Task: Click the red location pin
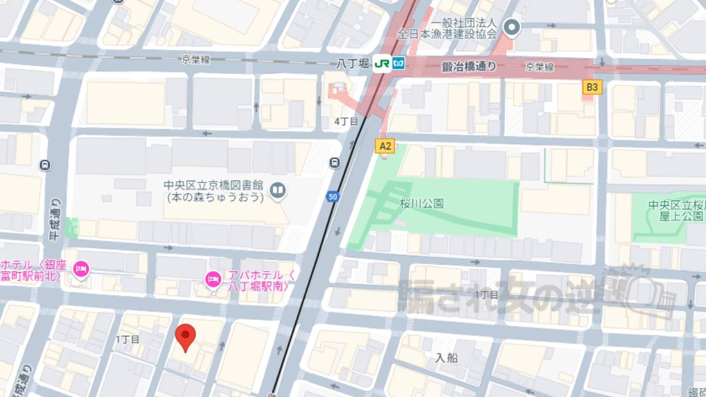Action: (186, 337)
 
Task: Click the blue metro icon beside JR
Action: (399, 64)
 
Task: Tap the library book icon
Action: (277, 189)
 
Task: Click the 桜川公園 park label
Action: (421, 203)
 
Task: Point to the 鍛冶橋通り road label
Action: (469, 67)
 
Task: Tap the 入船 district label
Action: (447, 357)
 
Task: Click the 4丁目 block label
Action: (346, 121)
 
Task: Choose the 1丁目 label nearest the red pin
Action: (128, 339)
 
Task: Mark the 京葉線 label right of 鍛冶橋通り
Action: (540, 67)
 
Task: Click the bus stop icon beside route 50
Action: (335, 162)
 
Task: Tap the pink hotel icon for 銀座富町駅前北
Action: (81, 269)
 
